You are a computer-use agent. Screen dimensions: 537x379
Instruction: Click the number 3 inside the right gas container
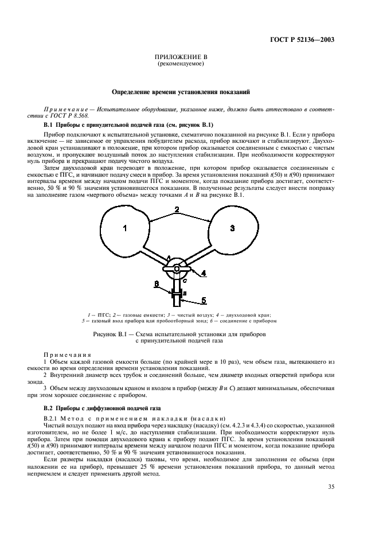(x=232, y=228)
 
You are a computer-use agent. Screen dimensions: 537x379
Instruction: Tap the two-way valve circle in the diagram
(x=178, y=268)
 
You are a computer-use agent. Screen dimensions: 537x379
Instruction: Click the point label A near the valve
(x=168, y=258)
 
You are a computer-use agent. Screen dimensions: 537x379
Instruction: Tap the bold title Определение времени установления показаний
(x=181, y=91)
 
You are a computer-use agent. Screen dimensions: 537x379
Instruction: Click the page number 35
(x=329, y=487)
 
